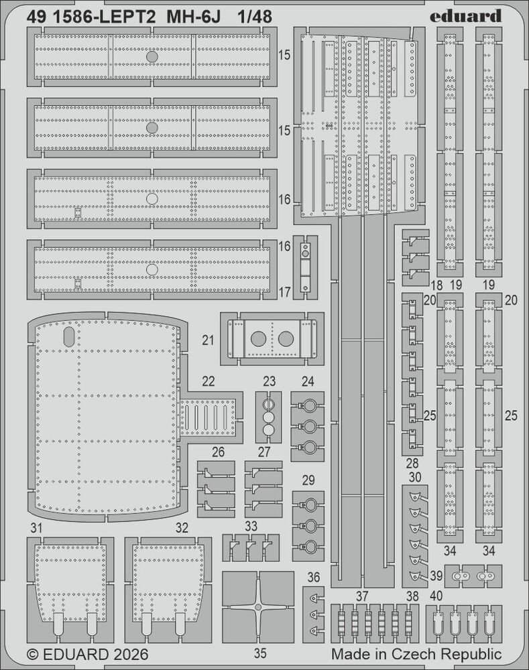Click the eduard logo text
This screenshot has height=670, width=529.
(x=465, y=16)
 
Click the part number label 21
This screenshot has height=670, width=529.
(x=208, y=340)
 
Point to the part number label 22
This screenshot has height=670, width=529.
(x=209, y=381)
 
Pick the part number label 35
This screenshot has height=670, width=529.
(x=260, y=653)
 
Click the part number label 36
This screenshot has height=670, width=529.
(x=314, y=578)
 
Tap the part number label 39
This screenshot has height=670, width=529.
(x=436, y=576)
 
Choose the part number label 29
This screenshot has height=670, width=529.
(x=308, y=480)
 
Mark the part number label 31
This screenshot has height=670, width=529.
(x=36, y=528)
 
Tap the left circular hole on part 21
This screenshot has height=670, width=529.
(x=258, y=339)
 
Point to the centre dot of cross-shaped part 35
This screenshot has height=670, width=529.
(x=257, y=607)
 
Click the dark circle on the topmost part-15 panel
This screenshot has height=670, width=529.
(x=152, y=57)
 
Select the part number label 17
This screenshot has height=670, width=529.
(x=284, y=292)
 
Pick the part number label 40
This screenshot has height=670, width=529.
(x=436, y=596)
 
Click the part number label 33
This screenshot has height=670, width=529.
(x=251, y=525)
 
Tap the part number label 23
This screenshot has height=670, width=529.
(x=270, y=381)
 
